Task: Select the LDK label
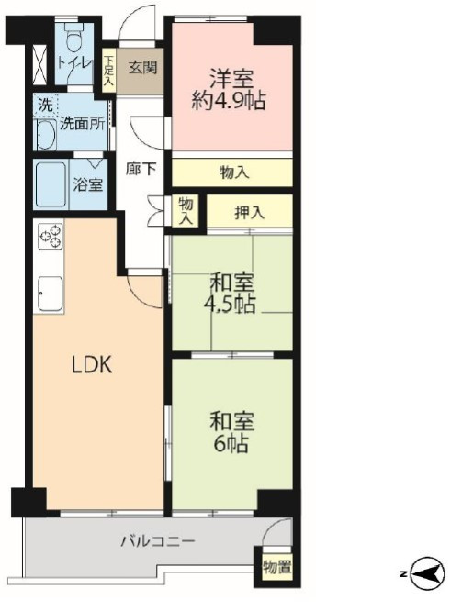point(93,365)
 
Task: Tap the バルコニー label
point(158,541)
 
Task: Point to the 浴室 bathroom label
point(88,183)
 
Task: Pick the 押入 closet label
point(249,213)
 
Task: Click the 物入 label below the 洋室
point(234,172)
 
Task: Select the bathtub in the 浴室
point(51,184)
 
